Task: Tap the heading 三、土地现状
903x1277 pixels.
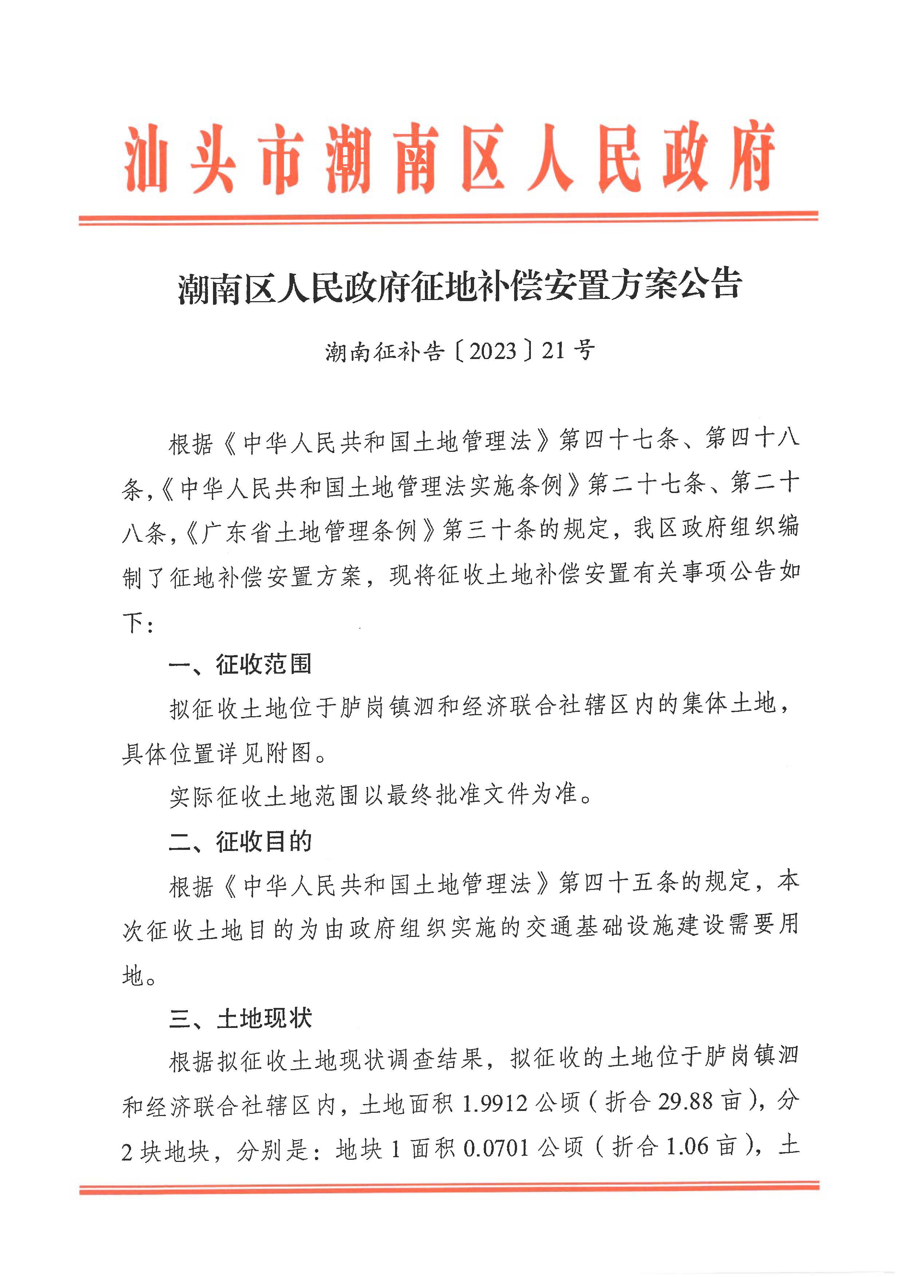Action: click(x=240, y=1019)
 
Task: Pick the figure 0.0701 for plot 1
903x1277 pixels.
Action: click(x=496, y=1147)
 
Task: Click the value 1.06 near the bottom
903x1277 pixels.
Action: click(x=687, y=1147)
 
